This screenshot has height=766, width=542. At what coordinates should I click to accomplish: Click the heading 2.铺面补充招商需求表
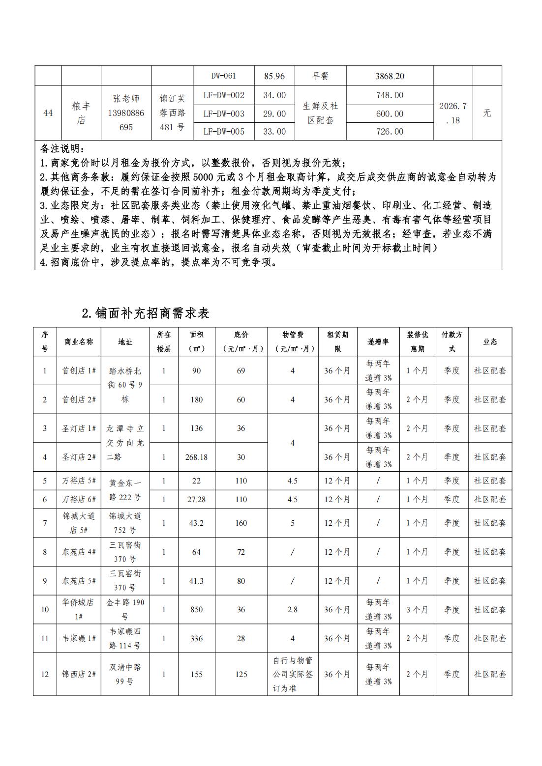coord(146,313)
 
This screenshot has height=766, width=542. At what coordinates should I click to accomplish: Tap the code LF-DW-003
coord(224,113)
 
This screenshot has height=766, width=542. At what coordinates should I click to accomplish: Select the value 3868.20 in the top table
coord(390,76)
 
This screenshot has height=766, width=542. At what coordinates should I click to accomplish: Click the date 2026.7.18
coord(452,113)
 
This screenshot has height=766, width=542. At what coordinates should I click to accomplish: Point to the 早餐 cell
coord(320,76)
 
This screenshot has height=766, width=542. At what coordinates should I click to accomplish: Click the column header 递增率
coord(378,342)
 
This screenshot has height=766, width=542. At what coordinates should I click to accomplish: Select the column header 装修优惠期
coord(417,341)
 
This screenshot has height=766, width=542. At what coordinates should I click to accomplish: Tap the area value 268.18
coord(196,457)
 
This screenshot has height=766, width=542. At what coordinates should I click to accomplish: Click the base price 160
coord(241,523)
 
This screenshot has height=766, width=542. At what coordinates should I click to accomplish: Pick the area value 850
coord(196,609)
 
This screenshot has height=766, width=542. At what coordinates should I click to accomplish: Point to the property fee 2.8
coord(292,609)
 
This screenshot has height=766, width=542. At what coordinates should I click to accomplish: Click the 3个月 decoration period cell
coord(417,609)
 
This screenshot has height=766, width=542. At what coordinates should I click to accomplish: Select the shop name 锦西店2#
coord(79,674)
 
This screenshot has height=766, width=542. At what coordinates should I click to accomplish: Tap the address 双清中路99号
coord(125,674)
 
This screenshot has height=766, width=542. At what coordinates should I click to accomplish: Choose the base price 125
coord(241,674)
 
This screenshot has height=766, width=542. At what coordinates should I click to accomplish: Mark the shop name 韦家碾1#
coord(79,638)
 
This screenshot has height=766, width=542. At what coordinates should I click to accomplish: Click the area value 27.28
coord(196,499)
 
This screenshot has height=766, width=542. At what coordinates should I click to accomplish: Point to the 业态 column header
coord(490,342)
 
